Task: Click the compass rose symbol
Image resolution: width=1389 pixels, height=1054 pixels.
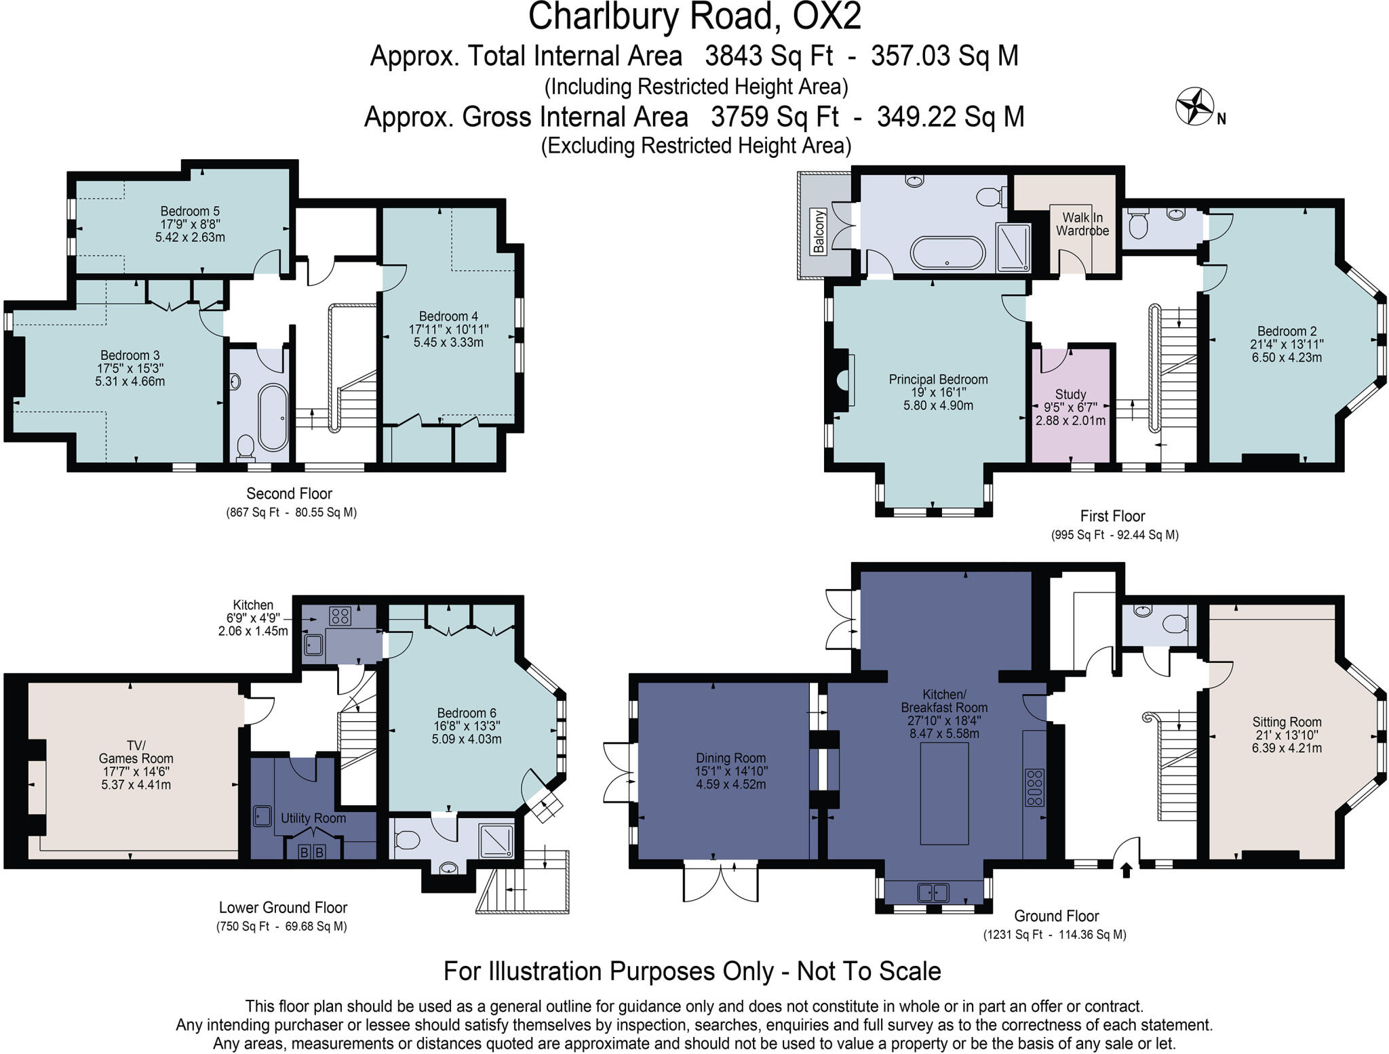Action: (x=1194, y=106)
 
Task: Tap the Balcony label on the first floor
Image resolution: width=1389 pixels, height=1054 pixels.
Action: (x=819, y=232)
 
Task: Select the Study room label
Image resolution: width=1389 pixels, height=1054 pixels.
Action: (x=1070, y=394)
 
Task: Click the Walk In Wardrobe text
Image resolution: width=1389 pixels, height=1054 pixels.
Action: (x=1082, y=224)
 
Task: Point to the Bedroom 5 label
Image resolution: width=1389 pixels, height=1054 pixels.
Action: (x=190, y=211)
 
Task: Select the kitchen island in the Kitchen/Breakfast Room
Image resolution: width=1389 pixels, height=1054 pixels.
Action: (x=944, y=793)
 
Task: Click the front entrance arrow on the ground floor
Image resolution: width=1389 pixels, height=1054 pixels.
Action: (x=1127, y=870)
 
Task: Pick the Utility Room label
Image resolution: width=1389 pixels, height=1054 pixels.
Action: (x=313, y=818)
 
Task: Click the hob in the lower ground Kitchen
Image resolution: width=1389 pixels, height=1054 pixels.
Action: (x=340, y=616)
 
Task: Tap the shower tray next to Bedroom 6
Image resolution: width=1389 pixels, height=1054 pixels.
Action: (x=497, y=841)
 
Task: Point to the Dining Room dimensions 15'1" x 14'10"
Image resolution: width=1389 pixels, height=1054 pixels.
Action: (x=730, y=771)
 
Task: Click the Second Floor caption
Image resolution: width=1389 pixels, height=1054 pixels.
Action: (x=289, y=493)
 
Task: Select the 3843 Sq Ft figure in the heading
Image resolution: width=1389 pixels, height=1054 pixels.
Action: (x=768, y=56)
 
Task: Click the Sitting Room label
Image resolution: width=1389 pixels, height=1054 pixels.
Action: (x=1287, y=722)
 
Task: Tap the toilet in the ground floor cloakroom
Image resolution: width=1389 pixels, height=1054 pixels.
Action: (x=1175, y=622)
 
